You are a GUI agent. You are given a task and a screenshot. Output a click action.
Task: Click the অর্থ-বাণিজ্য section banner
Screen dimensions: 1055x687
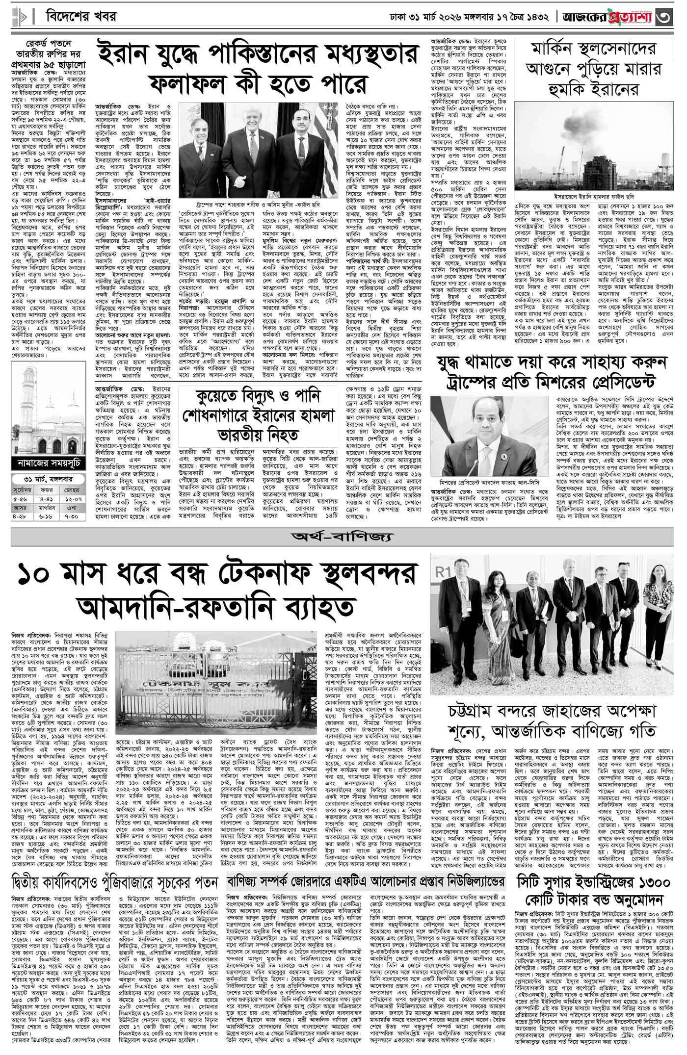pos(343,537)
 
